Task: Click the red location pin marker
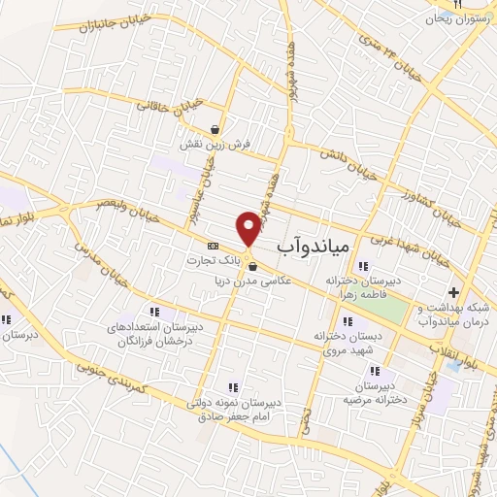249,227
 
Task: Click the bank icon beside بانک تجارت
214,246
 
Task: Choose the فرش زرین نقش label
215,144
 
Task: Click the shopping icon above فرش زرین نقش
215,129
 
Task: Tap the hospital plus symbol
453,292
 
